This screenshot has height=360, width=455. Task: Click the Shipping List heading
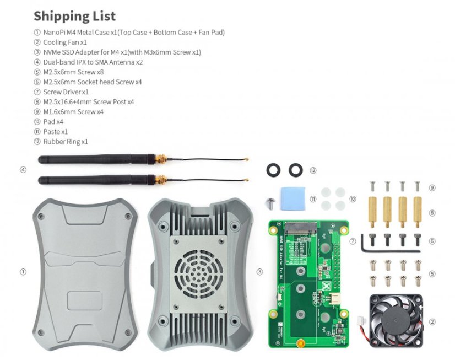click(x=74, y=15)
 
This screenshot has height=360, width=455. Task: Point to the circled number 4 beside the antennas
click(x=23, y=170)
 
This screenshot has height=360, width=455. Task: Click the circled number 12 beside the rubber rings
click(x=313, y=170)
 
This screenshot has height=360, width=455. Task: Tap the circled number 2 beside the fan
click(x=432, y=321)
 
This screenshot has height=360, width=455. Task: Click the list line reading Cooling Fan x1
click(x=65, y=42)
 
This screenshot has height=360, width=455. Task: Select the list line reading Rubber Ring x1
click(x=66, y=141)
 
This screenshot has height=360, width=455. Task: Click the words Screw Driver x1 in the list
click(x=66, y=92)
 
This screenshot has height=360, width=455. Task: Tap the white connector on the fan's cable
click(x=362, y=321)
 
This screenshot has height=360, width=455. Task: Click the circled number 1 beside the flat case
click(x=23, y=272)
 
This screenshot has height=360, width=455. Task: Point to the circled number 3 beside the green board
click(x=259, y=272)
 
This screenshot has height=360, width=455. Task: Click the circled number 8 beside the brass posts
click(x=432, y=212)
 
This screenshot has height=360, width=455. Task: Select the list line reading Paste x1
click(x=56, y=131)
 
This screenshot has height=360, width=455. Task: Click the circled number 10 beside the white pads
click(x=353, y=198)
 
